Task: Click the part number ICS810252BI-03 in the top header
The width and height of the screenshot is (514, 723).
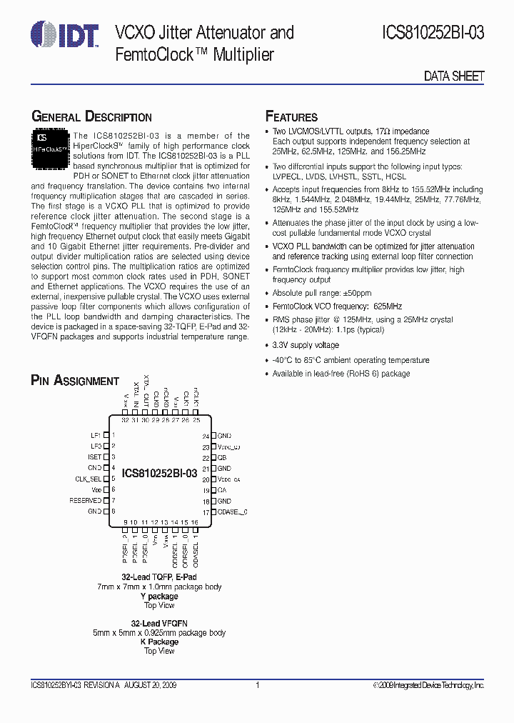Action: pyautogui.click(x=433, y=32)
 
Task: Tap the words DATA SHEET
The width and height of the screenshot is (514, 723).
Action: pyautogui.click(x=454, y=76)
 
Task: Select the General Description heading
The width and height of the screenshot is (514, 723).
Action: pyautogui.click(x=91, y=117)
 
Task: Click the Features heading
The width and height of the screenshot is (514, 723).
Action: pyautogui.click(x=291, y=117)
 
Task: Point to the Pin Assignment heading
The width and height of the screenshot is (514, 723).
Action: pyautogui.click(x=75, y=381)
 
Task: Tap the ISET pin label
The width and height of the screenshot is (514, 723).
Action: pyautogui.click(x=94, y=457)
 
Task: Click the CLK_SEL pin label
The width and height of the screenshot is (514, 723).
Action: pyautogui.click(x=89, y=479)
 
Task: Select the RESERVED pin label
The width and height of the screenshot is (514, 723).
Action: pyautogui.click(x=85, y=501)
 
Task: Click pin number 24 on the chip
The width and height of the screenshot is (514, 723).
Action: pyautogui.click(x=206, y=436)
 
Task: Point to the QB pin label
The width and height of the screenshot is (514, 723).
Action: pyautogui.click(x=222, y=458)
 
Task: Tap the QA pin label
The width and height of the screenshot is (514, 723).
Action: pyautogui.click(x=222, y=490)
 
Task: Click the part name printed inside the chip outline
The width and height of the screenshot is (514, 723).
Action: pyautogui.click(x=159, y=473)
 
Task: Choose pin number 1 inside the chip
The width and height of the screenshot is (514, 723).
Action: pyautogui.click(x=114, y=435)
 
